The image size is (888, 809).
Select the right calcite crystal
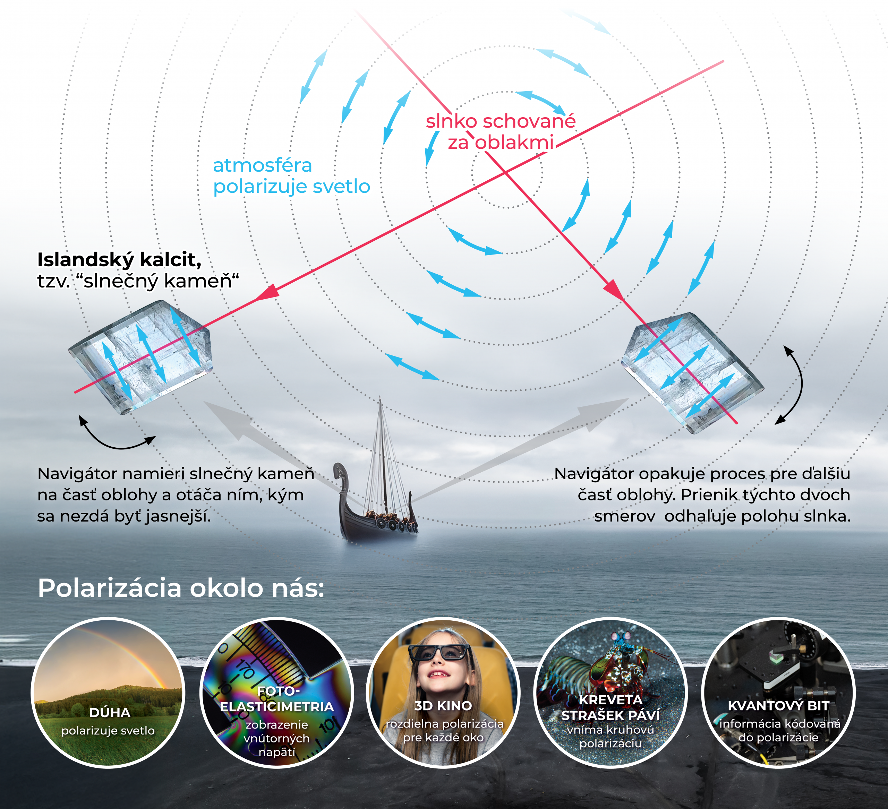[692, 372]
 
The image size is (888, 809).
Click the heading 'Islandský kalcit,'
[119, 260]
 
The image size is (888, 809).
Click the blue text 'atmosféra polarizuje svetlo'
[291, 176]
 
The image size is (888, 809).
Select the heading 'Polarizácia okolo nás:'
[181, 588]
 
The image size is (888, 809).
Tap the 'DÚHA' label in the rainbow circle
[110, 713]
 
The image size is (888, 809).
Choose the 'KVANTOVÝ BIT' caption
[778, 706]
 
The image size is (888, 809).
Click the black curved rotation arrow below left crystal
[117, 440]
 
